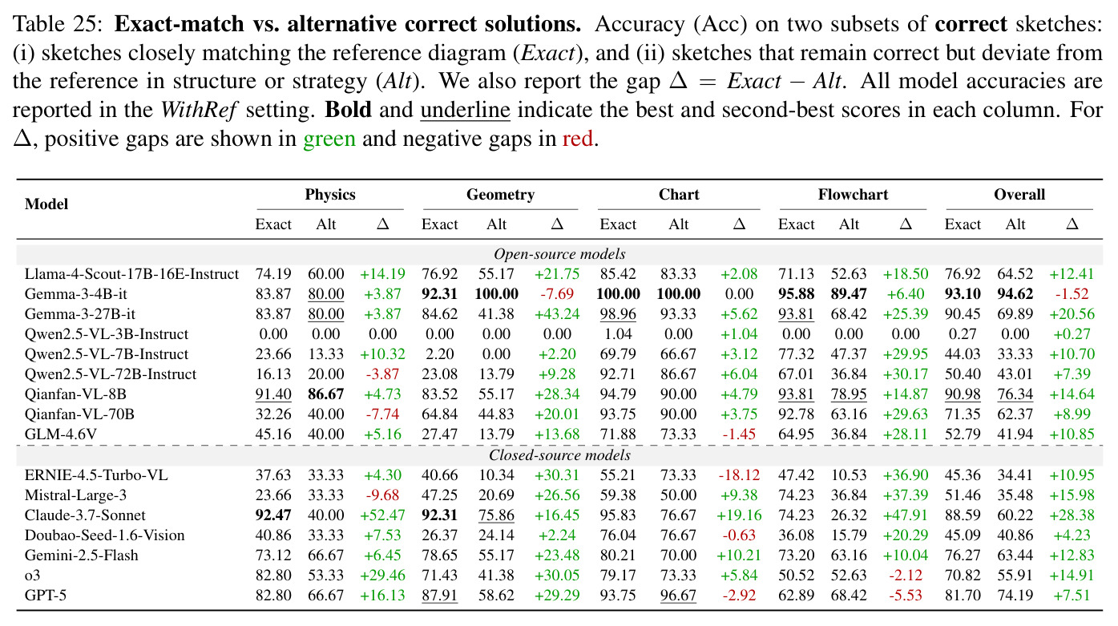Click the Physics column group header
coord(330,194)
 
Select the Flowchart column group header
coord(853,194)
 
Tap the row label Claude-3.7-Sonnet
coord(85,515)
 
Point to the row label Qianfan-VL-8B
coord(75,394)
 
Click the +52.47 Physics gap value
coord(382,515)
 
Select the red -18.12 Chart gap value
coord(739,475)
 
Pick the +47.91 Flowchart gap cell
coord(906,515)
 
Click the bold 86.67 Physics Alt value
coord(326,394)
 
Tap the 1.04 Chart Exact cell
coord(618,334)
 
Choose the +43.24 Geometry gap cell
coord(557,314)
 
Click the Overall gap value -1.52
coord(1072,293)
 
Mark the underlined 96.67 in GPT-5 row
coord(678,595)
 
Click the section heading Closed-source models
coord(559,454)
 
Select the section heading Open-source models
coord(559,254)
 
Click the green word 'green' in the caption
coord(329,139)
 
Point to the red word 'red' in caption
coord(578,139)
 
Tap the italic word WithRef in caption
coord(199,110)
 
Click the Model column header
coord(46,204)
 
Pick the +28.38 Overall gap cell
coord(1072,515)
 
